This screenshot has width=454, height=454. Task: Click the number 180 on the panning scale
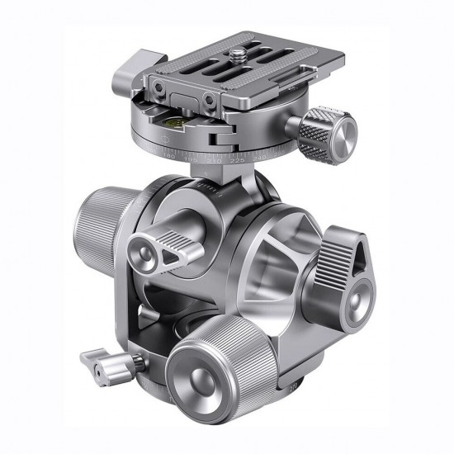(x=170, y=155)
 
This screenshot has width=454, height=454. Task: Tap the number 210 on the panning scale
(x=213, y=161)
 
